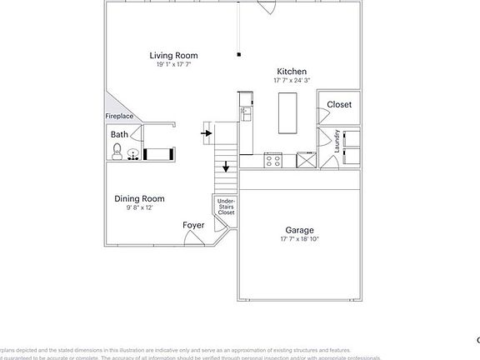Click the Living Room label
[x=173, y=56]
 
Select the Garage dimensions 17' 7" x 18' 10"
[x=299, y=239]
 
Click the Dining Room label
[x=139, y=198]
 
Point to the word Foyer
[x=194, y=225]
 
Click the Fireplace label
[x=119, y=117]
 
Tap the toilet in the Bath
[x=117, y=152]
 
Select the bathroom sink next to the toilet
[x=133, y=152]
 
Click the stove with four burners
[x=273, y=159]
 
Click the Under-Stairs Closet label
[x=226, y=207]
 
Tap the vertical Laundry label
[x=337, y=140]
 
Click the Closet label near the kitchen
[x=339, y=105]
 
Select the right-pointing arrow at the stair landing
[x=206, y=130]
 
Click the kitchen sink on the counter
[x=247, y=112]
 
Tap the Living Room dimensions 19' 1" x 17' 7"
[x=173, y=64]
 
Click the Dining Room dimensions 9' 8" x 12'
[x=139, y=207]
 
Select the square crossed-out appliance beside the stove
[x=306, y=161]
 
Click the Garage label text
[x=299, y=230]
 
